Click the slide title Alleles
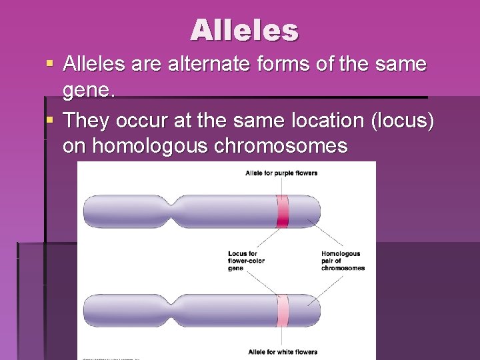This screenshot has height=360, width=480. click(245, 29)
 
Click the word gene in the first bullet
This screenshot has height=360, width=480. click(89, 91)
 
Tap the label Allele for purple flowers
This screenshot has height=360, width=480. click(281, 173)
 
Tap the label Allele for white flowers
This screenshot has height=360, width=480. click(282, 351)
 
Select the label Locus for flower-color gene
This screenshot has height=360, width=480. click(246, 261)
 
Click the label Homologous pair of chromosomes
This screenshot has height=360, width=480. click(343, 261)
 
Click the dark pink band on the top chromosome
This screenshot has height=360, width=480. click(283, 212)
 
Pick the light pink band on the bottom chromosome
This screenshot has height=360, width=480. click(283, 311)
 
